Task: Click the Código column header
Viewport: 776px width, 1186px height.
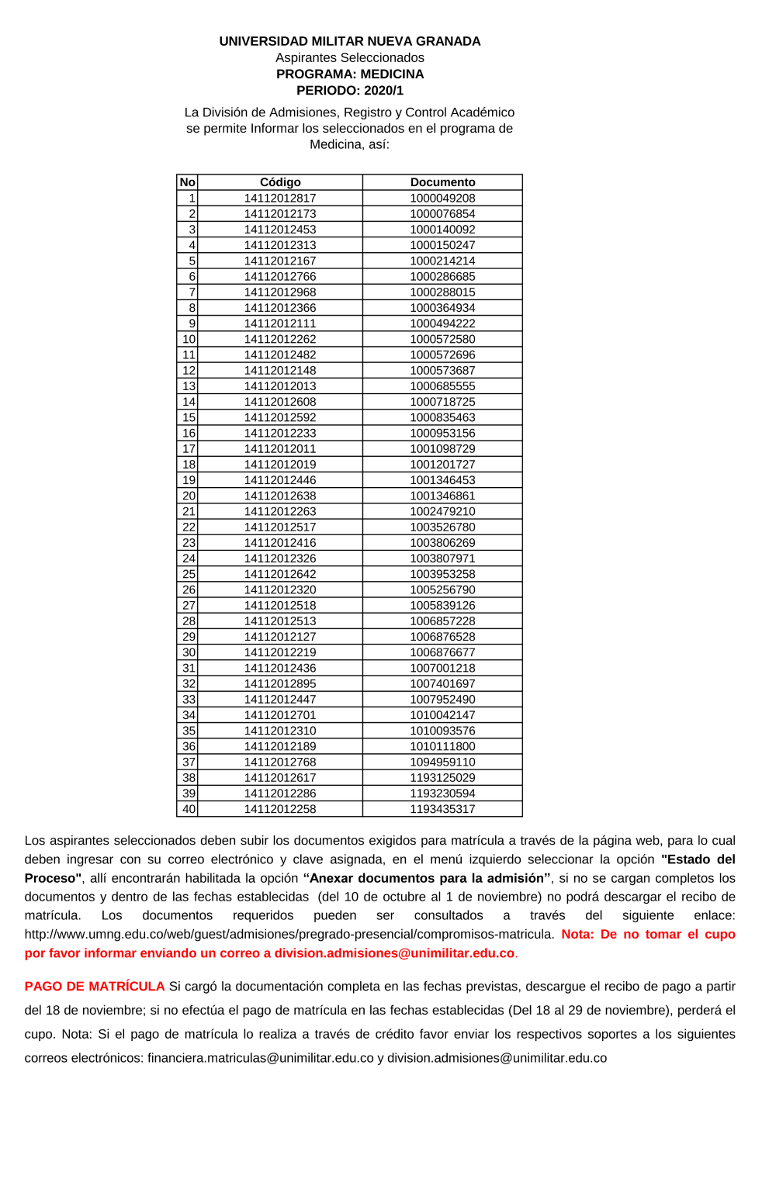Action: coord(280,182)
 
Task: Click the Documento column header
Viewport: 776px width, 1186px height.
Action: coord(442,182)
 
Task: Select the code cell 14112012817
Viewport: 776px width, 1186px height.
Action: coord(280,198)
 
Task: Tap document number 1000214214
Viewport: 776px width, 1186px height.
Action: coord(442,261)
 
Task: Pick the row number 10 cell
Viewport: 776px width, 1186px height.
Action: coord(189,339)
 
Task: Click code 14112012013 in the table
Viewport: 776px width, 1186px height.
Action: coord(280,386)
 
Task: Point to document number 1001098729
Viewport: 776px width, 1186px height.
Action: coord(442,448)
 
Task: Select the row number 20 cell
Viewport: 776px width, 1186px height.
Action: coord(189,496)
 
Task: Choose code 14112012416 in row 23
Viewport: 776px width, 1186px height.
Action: coord(280,543)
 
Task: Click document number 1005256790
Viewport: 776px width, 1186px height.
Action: coord(442,590)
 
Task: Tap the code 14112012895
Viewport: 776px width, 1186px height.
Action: coord(280,683)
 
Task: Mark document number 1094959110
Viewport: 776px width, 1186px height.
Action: coord(442,762)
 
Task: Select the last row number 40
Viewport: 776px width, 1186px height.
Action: coord(189,809)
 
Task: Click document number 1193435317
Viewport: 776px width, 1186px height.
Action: coord(442,809)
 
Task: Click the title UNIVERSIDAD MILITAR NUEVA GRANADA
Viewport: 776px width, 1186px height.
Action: coord(350,41)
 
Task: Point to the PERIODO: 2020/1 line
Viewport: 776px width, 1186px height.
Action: coord(350,91)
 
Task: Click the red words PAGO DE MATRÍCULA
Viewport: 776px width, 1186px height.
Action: coord(95,986)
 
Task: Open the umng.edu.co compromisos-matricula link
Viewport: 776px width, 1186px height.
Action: coord(289,935)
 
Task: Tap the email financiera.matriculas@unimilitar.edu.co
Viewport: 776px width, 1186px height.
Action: coord(261,1058)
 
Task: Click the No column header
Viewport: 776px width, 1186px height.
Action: coord(187,182)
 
